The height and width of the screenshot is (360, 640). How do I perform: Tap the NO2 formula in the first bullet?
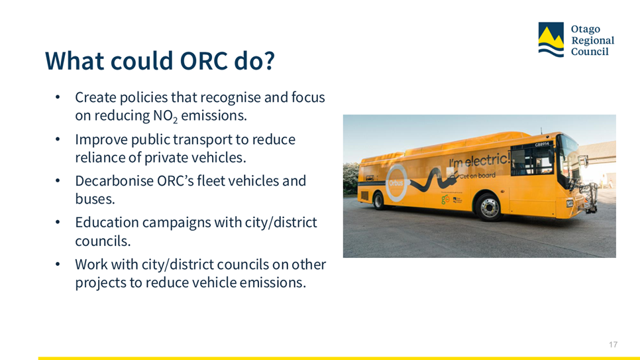(x=166, y=116)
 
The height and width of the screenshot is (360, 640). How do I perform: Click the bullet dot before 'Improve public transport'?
(x=58, y=139)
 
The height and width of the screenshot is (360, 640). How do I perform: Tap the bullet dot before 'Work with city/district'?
(x=58, y=265)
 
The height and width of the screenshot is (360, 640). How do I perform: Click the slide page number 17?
(x=613, y=345)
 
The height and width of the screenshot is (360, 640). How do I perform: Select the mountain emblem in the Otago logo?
(x=551, y=40)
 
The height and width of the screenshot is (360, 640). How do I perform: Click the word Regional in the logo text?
(x=593, y=40)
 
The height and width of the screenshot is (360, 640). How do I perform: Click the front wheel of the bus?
(x=488, y=207)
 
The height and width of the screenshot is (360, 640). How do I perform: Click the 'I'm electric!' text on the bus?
(x=480, y=160)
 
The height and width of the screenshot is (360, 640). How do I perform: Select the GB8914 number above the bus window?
(x=543, y=145)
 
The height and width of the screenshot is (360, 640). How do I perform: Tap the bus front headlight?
(x=569, y=203)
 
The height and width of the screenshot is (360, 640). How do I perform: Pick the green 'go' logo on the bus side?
(x=445, y=200)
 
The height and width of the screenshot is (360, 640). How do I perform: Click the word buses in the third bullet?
(x=94, y=199)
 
